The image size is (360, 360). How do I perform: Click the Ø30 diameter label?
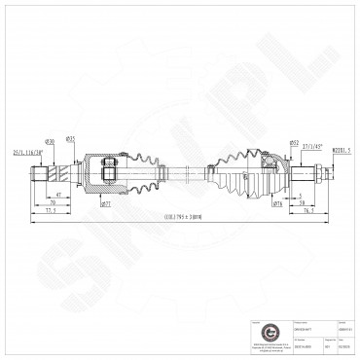pos(49,141)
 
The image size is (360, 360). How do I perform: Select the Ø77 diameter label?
pos(104,205)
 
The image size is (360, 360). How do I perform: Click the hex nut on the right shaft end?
pos(318,175)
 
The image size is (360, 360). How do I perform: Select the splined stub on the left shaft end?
pos(40,176)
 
